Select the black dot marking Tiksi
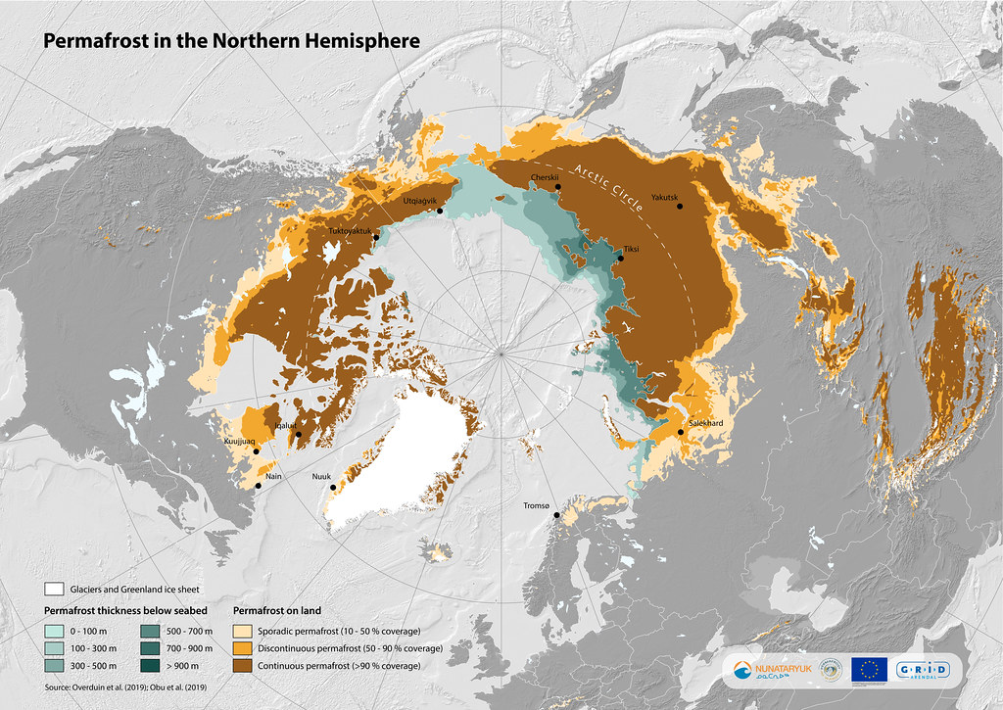[x=620, y=260]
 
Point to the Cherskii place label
[x=544, y=177]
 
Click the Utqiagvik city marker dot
[x=441, y=211]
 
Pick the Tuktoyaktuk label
[x=352, y=230]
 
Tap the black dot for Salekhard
[x=680, y=432]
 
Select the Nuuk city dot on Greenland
[x=333, y=488]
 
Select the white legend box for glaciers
[x=54, y=590]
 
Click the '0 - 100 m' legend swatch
[x=54, y=632]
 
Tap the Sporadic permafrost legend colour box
[x=242, y=632]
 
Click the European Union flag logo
[x=868, y=670]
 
